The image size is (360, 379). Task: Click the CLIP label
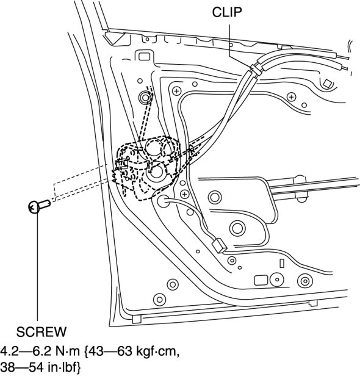pos(227,12)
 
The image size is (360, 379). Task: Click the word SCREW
pos(41,332)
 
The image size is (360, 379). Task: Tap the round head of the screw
pos(34,208)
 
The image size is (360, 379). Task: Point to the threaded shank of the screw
pos(45,204)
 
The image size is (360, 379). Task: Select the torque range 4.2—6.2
pos(24,351)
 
